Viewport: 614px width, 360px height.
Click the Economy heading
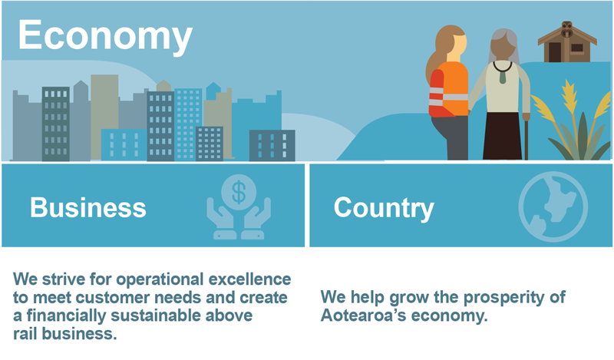pyautogui.click(x=105, y=36)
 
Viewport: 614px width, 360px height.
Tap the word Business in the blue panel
pyautogui.click(x=88, y=207)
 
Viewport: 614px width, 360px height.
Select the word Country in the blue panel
pyautogui.click(x=384, y=208)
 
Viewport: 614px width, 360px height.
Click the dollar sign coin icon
pyautogui.click(x=239, y=192)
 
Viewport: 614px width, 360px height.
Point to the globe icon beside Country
pyautogui.click(x=553, y=206)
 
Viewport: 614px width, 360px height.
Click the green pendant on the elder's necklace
pyautogui.click(x=503, y=78)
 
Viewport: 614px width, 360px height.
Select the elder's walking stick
pyautogui.click(x=526, y=137)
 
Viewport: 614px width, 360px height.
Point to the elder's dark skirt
pyautogui.click(x=503, y=136)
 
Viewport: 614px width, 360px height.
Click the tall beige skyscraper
pyautogui.click(x=104, y=117)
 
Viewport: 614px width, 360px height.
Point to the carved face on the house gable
pyautogui.click(x=566, y=28)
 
